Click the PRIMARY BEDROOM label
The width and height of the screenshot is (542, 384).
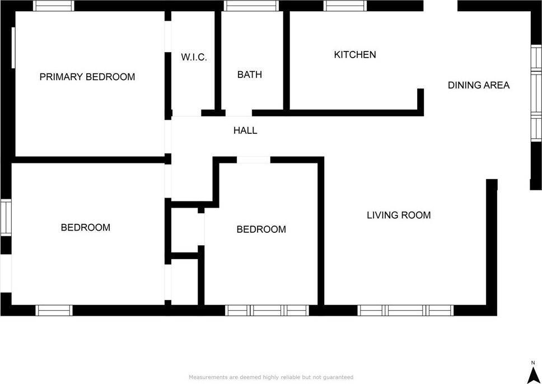[x=87, y=77]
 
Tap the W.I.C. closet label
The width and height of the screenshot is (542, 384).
[x=194, y=57]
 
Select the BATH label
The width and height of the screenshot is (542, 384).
[x=249, y=74]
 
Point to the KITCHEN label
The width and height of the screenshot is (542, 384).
[x=355, y=55]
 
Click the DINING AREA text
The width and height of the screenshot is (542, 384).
[x=478, y=85]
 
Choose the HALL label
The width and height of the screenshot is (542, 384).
[x=245, y=130]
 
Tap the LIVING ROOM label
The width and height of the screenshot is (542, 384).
[x=399, y=214]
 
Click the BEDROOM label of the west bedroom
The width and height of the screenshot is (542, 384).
[x=85, y=227]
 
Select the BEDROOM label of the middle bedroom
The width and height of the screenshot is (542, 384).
[x=261, y=229]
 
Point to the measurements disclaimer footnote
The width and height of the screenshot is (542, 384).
[x=271, y=377]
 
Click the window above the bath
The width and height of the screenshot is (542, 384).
[x=251, y=6]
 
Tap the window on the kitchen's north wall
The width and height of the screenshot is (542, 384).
[x=345, y=6]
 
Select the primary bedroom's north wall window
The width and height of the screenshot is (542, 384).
[x=54, y=6]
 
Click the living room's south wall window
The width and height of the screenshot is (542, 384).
[x=405, y=310]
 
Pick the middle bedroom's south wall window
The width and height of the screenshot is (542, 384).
[x=267, y=310]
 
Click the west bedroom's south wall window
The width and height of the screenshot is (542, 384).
[x=54, y=310]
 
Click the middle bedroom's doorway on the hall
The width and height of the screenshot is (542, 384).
[x=253, y=160]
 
